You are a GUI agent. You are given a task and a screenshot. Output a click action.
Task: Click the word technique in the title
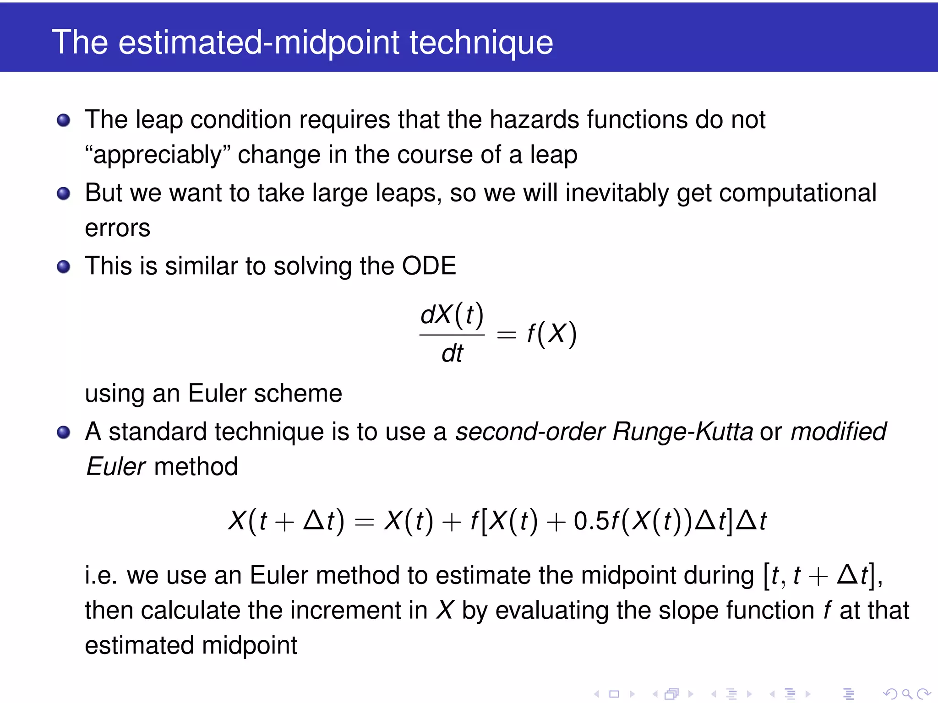pos(481,43)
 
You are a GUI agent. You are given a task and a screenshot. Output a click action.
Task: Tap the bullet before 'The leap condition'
pos(63,120)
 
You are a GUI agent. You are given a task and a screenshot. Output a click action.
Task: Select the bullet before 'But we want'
pos(63,193)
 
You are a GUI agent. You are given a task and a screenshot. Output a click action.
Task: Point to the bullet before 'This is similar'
pos(63,266)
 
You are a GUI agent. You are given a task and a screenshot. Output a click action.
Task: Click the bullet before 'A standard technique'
pos(63,432)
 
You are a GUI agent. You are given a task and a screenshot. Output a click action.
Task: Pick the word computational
pos(797,193)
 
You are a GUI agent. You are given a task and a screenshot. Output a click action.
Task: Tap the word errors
pos(118,228)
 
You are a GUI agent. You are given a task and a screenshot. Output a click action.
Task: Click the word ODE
pos(429,266)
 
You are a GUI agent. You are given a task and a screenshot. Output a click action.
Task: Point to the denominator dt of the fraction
pos(452,353)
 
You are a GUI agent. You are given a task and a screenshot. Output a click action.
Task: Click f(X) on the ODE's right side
pos(551,334)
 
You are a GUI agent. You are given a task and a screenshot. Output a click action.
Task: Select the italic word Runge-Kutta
pos(682,432)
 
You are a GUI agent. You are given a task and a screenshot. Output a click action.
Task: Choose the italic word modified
pos(838,432)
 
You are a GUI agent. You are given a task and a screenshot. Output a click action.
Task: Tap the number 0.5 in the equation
pos(591,521)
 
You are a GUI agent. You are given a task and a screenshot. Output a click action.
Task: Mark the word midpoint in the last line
pos(250,646)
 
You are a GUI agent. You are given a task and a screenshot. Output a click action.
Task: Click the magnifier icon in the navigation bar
pos(907,694)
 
